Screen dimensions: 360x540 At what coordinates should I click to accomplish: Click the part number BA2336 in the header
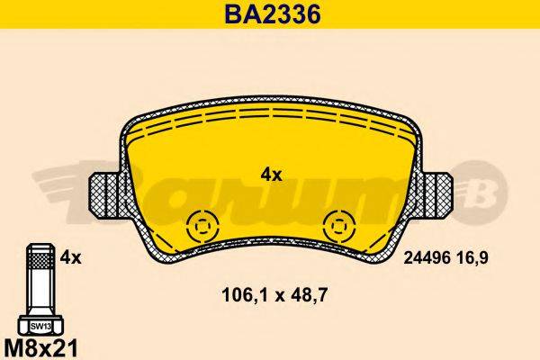coord(270,14)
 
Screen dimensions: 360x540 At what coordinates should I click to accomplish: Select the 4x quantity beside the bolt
coord(70,258)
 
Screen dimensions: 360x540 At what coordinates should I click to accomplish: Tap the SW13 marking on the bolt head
coord(39,326)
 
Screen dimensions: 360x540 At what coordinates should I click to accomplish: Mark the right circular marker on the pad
coord(339,225)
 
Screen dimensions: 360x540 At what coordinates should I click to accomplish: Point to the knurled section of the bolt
coord(39,269)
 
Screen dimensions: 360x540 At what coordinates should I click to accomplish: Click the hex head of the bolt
coord(39,325)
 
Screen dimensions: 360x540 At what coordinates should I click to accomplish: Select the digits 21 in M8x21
coord(62,345)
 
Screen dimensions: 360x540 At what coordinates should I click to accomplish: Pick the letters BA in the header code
coord(235,14)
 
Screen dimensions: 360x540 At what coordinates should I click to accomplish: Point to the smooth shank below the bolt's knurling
coord(39,297)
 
